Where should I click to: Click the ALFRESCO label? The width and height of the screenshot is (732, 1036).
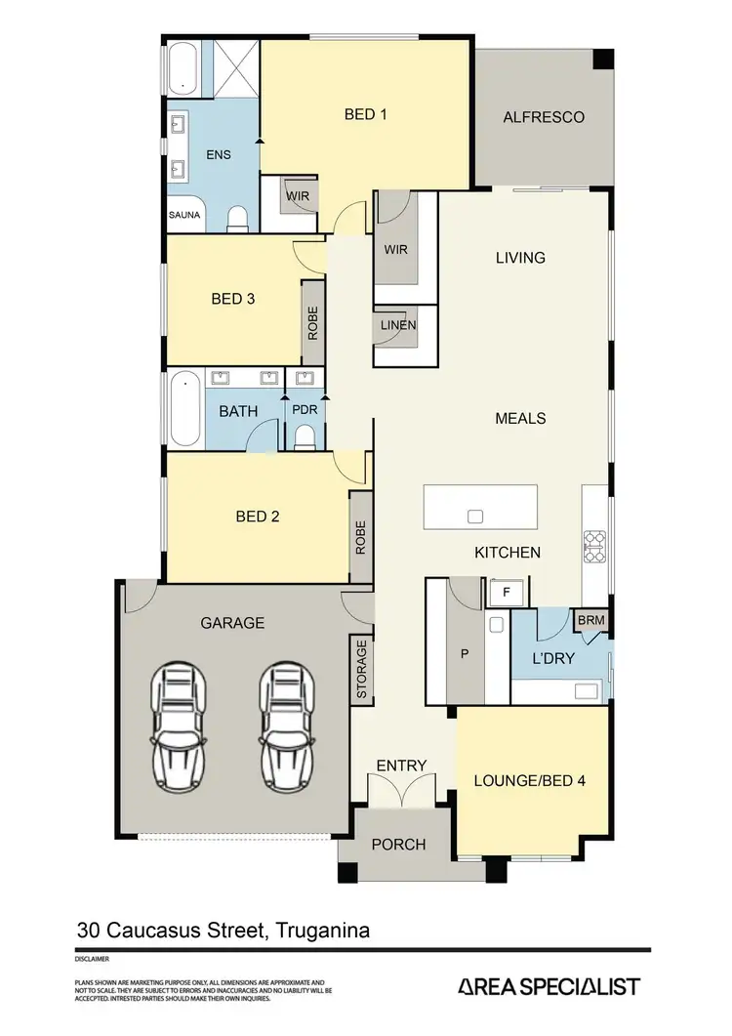pos(544,118)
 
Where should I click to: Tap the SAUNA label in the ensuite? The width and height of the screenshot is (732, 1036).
pos(184,214)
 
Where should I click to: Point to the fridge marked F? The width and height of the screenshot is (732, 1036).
pos(506,592)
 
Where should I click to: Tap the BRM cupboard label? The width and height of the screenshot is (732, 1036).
pos(590,620)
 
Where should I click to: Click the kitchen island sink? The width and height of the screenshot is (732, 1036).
pos(475,516)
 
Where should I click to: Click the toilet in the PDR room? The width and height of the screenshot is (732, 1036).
pos(305,435)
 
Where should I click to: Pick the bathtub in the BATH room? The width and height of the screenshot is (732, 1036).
pos(184,408)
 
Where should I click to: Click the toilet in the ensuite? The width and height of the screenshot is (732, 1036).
pos(235,217)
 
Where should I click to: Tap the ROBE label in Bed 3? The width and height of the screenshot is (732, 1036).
pos(313,322)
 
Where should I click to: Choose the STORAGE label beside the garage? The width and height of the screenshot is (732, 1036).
pos(360,670)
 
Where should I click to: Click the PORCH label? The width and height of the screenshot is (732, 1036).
pos(399,844)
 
